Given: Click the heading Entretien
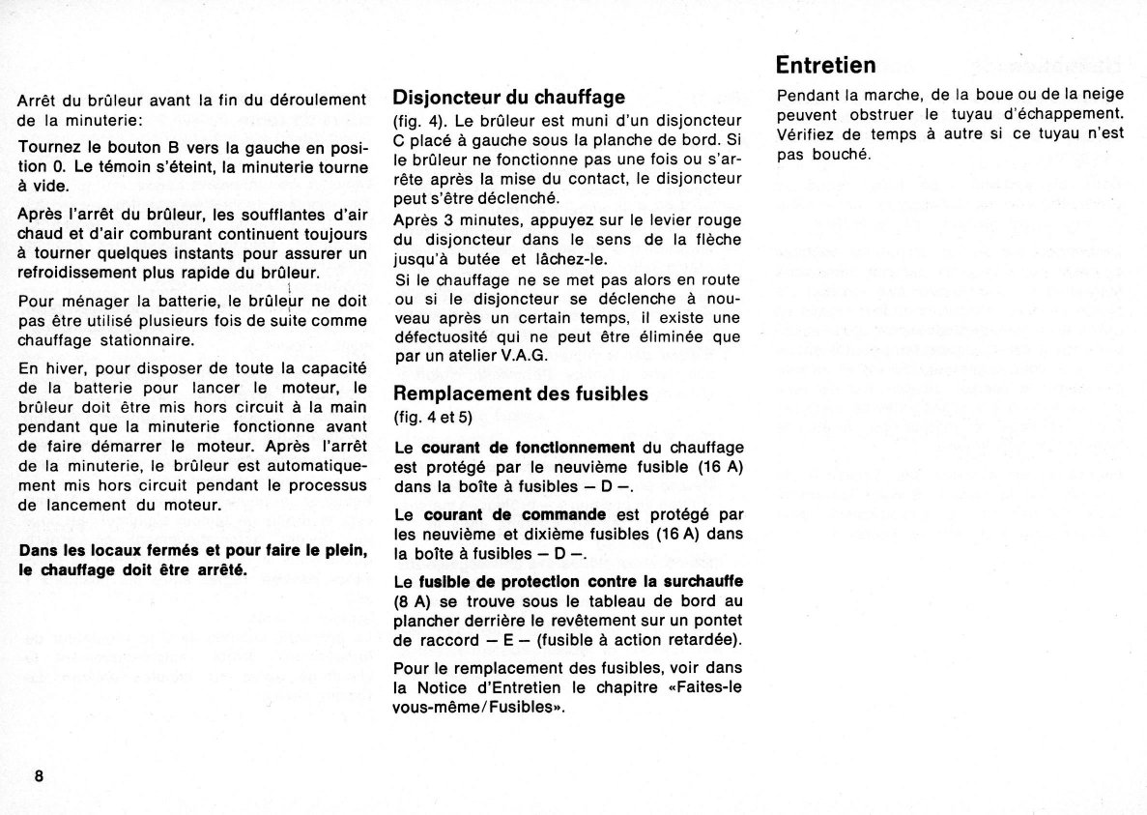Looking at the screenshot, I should (826, 65).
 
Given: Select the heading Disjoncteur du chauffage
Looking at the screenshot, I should (508, 97).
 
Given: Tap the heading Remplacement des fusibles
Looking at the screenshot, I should (520, 393).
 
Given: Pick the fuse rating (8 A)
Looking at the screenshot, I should (412, 601).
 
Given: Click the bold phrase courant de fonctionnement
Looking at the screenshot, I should (530, 447).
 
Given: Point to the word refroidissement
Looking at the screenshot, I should (83, 273).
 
